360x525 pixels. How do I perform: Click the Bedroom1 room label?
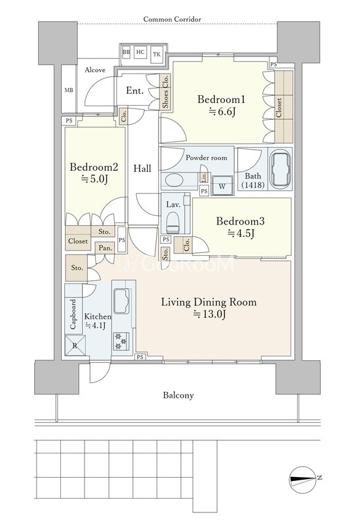click(221, 100)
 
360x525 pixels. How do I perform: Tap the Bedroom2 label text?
click(94, 167)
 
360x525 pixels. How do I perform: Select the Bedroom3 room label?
click(240, 221)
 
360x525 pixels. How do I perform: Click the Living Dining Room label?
click(209, 303)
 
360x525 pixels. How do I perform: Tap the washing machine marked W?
click(222, 184)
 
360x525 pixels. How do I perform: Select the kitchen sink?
click(121, 300)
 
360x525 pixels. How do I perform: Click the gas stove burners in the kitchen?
click(120, 341)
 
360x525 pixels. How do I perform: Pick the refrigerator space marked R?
click(75, 345)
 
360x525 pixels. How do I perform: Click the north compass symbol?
click(303, 480)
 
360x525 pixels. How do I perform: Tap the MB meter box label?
click(69, 90)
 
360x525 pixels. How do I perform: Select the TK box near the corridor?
click(157, 54)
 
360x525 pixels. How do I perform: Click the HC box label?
click(140, 52)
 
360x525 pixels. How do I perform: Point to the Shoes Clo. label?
click(165, 92)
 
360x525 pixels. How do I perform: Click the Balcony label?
click(178, 396)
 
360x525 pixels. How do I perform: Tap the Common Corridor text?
click(172, 19)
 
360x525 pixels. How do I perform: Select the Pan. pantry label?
click(106, 248)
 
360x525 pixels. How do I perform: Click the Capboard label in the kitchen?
click(73, 314)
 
